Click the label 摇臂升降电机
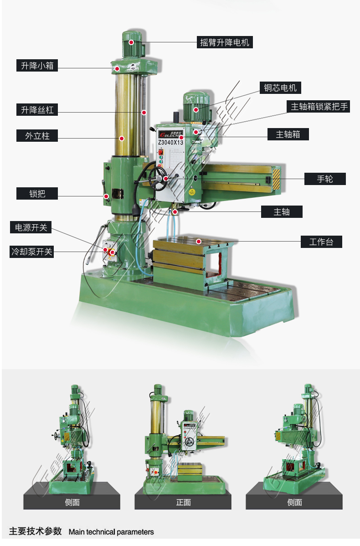(225, 42)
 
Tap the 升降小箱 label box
(37, 66)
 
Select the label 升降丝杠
(37, 110)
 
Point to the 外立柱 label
(37, 136)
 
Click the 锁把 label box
(37, 194)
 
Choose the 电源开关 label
(31, 227)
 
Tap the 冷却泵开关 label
(32, 252)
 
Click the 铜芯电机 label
(280, 88)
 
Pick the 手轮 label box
(325, 179)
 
